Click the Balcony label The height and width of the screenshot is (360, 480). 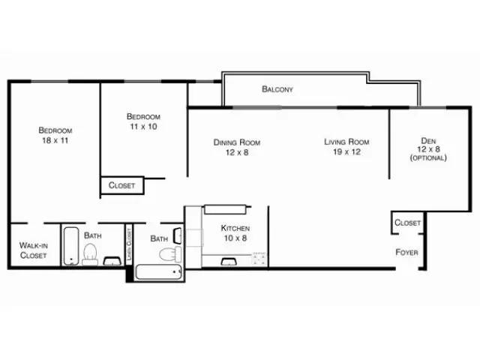(x=277, y=89)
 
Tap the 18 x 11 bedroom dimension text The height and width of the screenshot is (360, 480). (x=55, y=140)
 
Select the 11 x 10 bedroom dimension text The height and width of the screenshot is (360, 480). (x=142, y=127)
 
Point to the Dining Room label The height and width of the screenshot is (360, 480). (x=236, y=142)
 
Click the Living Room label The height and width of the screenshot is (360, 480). (x=346, y=141)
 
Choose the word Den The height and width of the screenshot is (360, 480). (x=427, y=139)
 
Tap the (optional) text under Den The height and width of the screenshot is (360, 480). (x=427, y=157)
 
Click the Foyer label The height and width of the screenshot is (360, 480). (x=406, y=252)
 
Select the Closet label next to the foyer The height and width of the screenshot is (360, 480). (x=407, y=223)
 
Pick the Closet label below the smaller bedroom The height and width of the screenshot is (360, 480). (x=121, y=185)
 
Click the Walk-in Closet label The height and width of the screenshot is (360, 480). (x=33, y=250)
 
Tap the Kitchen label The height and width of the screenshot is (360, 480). (x=235, y=227)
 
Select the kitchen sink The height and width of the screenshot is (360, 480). (x=228, y=261)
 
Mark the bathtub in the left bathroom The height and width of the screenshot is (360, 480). (x=70, y=245)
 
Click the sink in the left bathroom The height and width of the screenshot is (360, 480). (x=112, y=261)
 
